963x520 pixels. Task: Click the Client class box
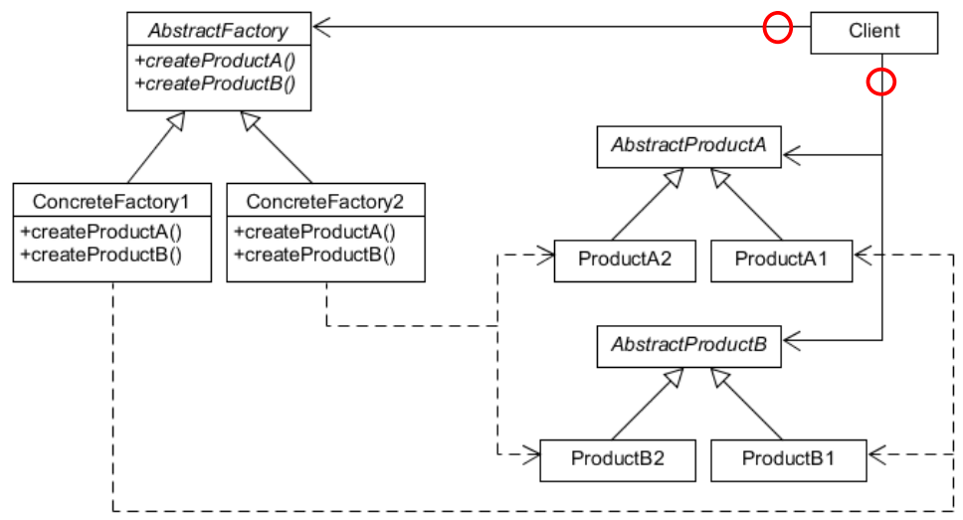pos(873,31)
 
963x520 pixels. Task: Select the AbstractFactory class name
pos(218,30)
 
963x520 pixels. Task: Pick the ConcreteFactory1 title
pos(112,202)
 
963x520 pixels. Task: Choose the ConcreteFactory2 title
pos(325,202)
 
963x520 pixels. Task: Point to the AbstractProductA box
pos(688,144)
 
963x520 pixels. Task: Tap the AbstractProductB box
pos(688,345)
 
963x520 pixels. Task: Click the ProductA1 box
pos(781,260)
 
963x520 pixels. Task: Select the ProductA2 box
pos(624,260)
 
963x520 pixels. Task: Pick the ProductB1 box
pos(788,459)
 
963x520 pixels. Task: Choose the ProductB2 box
pos(617,459)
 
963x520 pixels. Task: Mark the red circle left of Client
pos(777,30)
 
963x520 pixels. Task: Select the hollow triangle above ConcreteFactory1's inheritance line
pos(175,122)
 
